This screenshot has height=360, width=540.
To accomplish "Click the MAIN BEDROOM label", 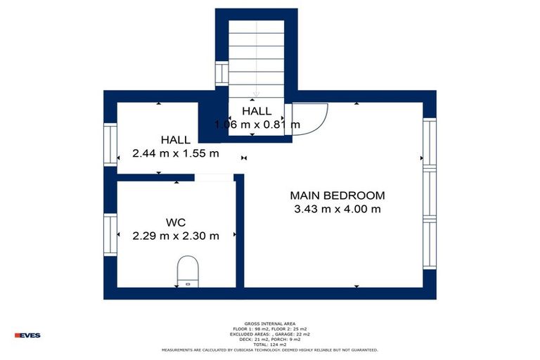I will (337, 195).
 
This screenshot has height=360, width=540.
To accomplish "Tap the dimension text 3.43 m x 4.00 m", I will (337, 209).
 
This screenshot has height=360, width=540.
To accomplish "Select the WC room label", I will (175, 222).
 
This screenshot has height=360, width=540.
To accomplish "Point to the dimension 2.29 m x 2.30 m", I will (175, 236).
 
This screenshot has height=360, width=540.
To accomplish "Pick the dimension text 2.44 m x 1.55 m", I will (175, 153).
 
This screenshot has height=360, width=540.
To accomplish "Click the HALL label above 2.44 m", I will (175, 140).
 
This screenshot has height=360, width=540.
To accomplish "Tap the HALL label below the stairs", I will (257, 111).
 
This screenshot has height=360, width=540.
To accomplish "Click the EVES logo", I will (27, 335).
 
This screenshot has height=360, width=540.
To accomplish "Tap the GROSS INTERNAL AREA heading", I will (270, 324).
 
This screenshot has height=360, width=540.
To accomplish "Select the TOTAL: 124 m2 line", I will (270, 344).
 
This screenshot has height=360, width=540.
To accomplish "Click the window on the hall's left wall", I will (110, 144).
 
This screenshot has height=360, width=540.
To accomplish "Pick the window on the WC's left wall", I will (110, 236).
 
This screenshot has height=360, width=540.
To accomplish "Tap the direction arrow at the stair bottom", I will (257, 93).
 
